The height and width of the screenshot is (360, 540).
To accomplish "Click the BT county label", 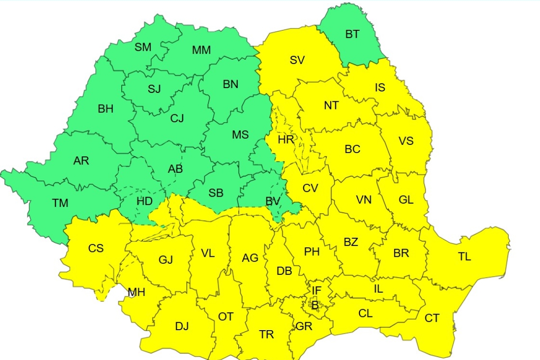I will point(352,34).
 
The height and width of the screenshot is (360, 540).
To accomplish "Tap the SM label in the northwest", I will point(143,47).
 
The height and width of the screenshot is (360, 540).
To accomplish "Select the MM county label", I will point(201,50).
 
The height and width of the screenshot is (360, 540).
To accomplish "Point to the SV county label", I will point(297,60).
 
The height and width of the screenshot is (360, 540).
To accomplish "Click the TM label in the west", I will point(60,203).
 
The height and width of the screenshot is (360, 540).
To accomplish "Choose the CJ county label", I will point(177,118).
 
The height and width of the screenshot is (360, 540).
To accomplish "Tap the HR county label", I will point(286,140).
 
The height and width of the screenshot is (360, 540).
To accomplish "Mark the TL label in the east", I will point(464,257).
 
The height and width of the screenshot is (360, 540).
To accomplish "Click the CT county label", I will point(432,318).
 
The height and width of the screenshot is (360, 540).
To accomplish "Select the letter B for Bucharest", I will point(315,306).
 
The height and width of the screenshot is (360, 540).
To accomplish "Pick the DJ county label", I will point(182,326).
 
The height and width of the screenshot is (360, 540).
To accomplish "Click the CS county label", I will point(96,248).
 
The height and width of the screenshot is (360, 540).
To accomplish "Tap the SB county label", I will point(216,193).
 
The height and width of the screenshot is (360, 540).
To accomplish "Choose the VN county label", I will point(363,199).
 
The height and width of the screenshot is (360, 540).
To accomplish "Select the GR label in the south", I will point(304,326).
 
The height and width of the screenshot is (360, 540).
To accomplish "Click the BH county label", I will point(106,109).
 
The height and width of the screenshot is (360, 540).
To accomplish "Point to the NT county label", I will point(331,106).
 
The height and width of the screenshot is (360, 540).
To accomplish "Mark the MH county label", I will point(136,292).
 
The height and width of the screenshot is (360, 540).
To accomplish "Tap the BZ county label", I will point(351,243).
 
